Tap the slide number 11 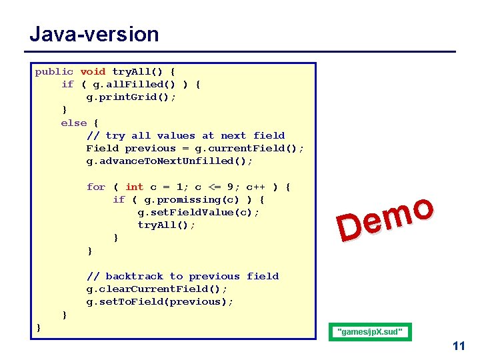click(458, 346)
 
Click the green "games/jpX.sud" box click(371, 331)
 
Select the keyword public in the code click(54, 71)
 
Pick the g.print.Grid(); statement click(131, 97)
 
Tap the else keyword click(73, 123)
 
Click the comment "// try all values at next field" click(185, 135)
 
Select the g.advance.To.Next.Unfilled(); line click(169, 161)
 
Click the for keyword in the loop click(96, 187)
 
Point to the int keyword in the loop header click(134, 187)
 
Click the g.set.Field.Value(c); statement click(199, 212)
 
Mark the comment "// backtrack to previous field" click(182, 276)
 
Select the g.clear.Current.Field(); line click(157, 289)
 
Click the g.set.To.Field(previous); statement click(160, 301)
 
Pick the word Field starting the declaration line click(102, 148)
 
